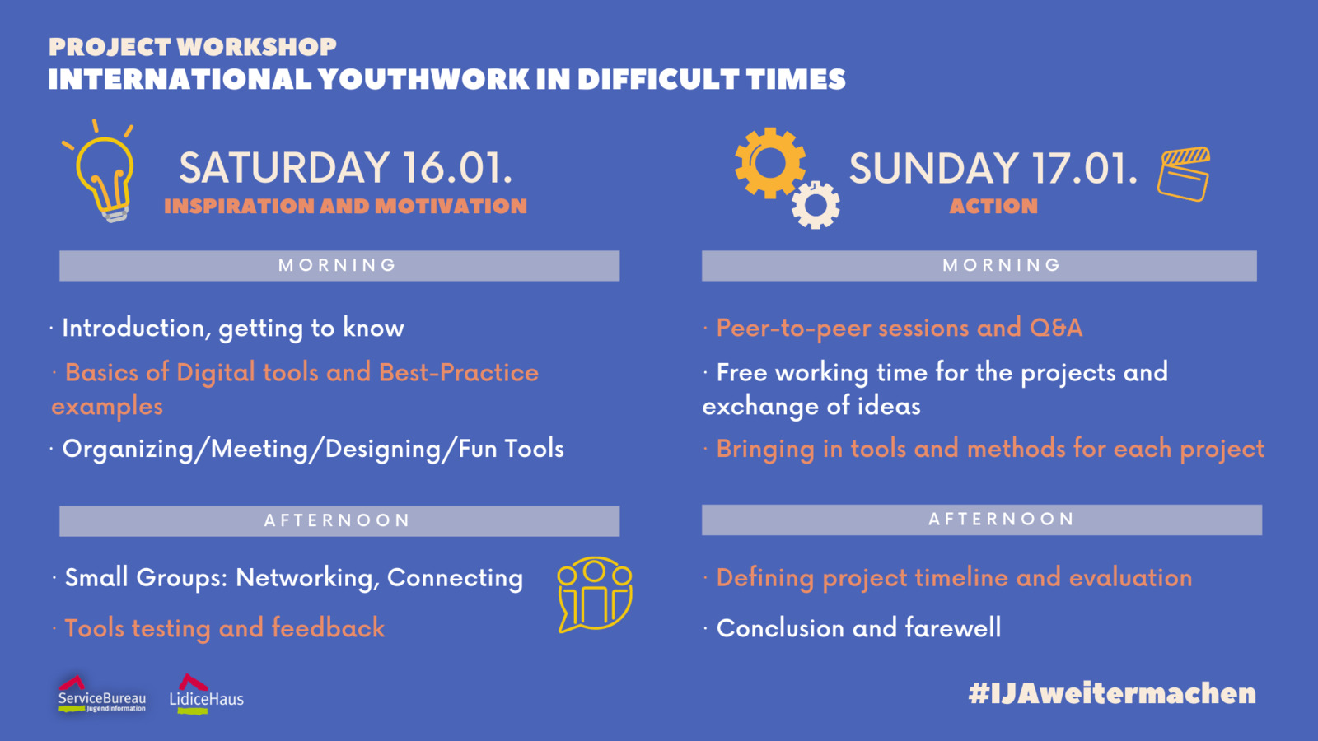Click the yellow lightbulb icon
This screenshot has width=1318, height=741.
point(104,176)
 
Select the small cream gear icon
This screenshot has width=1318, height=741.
point(816,205)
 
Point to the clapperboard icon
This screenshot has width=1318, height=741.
point(1183,175)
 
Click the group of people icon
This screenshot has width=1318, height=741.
point(594,594)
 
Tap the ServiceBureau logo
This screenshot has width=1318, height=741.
point(102,695)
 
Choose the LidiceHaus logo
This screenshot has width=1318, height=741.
point(206,695)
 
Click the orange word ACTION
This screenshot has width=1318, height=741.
point(993,206)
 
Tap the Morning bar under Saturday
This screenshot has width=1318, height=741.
point(339,266)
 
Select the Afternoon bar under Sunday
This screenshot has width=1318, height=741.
point(982,520)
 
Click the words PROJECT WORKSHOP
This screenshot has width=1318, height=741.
point(193,47)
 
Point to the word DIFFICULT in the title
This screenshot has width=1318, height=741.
point(658,79)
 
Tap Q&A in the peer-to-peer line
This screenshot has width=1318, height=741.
point(1056,329)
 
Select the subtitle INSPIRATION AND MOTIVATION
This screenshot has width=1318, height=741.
point(346,206)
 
